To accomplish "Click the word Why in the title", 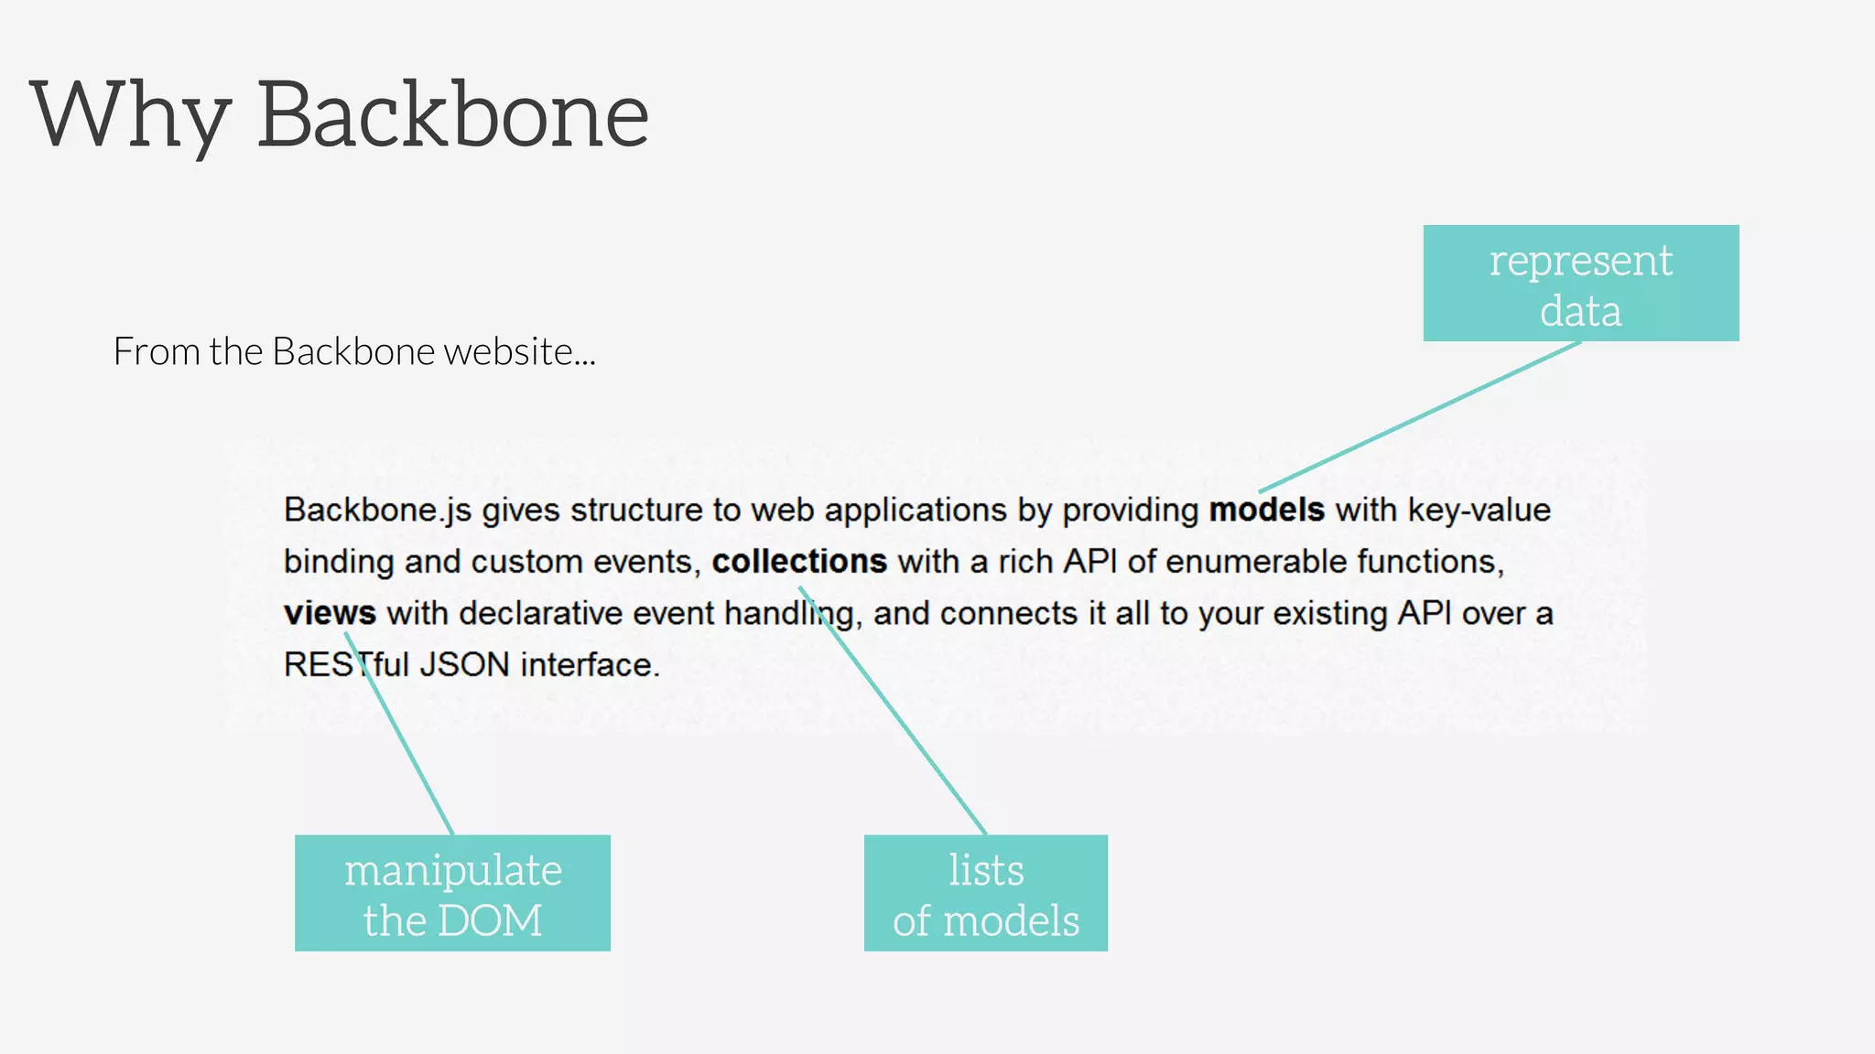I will [x=128, y=116].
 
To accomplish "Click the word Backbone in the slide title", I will [x=452, y=116].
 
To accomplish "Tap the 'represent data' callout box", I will [x=1580, y=284].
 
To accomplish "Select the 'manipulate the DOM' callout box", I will [x=452, y=893].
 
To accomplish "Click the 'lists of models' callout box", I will [x=985, y=893].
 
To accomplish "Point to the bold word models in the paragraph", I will [x=1266, y=510].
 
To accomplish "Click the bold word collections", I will [x=799, y=562].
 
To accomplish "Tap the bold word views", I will [x=330, y=613].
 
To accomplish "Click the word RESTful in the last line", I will [x=346, y=665].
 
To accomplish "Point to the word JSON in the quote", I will [x=464, y=665].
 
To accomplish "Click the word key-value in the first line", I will [x=1479, y=511].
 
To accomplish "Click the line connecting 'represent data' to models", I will [x=1419, y=417].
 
